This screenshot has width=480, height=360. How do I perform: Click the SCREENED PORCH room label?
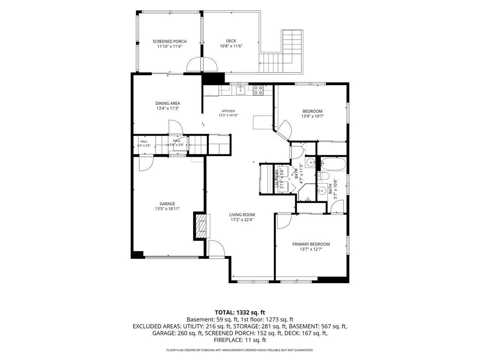click(170, 41)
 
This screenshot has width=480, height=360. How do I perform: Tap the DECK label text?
click(231, 41)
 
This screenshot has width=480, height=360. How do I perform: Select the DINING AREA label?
click(168, 103)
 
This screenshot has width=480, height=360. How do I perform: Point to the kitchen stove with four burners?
click(258, 90)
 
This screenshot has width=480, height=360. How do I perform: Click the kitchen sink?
click(240, 90)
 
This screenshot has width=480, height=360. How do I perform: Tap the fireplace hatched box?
click(202, 226)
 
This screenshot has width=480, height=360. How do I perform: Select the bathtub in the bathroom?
click(333, 164)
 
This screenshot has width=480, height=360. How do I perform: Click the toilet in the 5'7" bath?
click(323, 177)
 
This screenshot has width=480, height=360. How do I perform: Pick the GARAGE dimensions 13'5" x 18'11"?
click(167, 209)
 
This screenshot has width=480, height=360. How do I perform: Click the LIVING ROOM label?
click(242, 215)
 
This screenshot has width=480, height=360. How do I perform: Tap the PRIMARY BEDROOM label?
click(311, 244)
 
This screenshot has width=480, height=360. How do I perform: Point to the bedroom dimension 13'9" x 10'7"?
click(312, 116)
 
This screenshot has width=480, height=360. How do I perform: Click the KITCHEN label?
click(228, 111)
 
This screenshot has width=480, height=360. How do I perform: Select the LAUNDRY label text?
click(276, 178)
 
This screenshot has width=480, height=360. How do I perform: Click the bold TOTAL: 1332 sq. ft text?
click(240, 312)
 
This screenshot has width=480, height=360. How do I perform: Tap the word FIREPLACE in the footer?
click(227, 340)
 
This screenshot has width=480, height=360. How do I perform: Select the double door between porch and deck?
click(202, 64)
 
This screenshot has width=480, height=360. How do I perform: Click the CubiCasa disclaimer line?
click(240, 350)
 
